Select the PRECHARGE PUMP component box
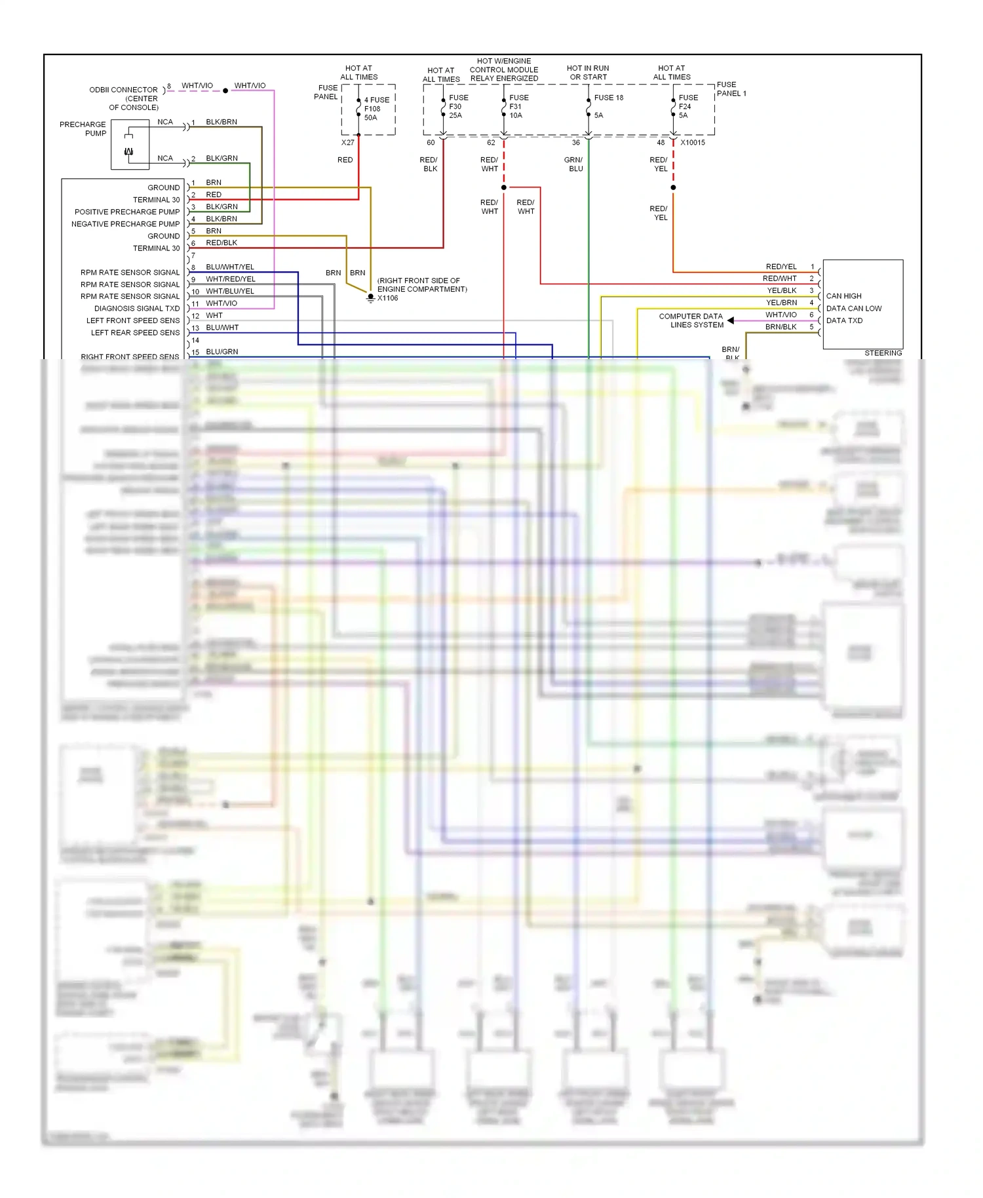click(130, 145)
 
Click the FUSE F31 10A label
click(518, 106)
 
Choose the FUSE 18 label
click(608, 98)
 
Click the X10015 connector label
click(693, 142)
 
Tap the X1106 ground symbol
click(371, 298)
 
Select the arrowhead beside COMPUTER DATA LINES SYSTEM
click(731, 320)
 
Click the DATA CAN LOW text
click(853, 309)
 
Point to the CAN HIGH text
click(843, 296)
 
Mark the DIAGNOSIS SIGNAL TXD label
click(136, 309)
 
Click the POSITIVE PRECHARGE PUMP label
click(126, 212)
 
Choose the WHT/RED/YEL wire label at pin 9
click(230, 279)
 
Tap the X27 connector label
click(347, 142)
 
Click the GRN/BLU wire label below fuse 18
click(574, 164)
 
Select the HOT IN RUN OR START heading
click(588, 73)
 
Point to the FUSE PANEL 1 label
click(731, 89)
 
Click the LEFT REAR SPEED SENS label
click(135, 333)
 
